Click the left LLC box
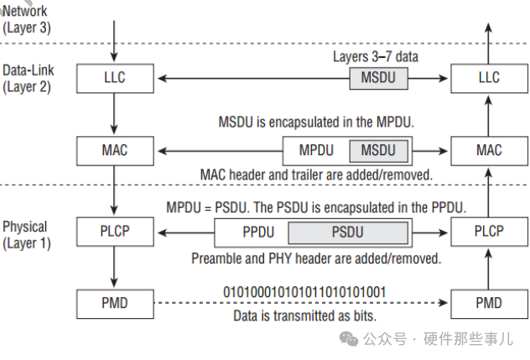tap(113, 79)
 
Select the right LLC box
tap(488, 79)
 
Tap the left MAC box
tap(113, 151)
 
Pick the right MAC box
tap(488, 151)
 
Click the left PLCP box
tap(113, 231)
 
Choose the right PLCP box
tap(488, 231)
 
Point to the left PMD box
tap(113, 303)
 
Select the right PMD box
tap(488, 303)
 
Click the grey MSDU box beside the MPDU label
tap(378, 151)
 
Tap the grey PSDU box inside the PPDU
tap(347, 232)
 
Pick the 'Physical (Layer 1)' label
tap(27, 234)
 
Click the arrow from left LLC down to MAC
tap(113, 115)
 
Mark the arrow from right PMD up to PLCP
tap(488, 267)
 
